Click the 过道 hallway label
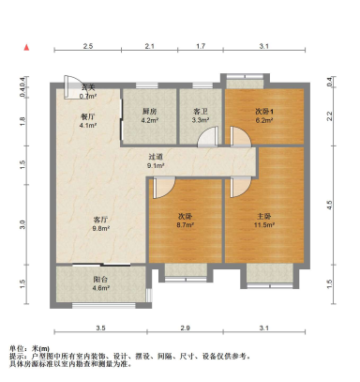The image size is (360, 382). click(x=157, y=156)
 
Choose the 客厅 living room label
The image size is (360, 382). click(x=101, y=217)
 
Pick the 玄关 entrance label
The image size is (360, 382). click(x=89, y=87)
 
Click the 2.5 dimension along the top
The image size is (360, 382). click(x=87, y=46)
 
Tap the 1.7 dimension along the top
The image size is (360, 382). click(x=201, y=46)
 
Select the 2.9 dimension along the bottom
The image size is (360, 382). click(x=186, y=328)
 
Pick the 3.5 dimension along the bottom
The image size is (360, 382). click(x=100, y=328)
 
